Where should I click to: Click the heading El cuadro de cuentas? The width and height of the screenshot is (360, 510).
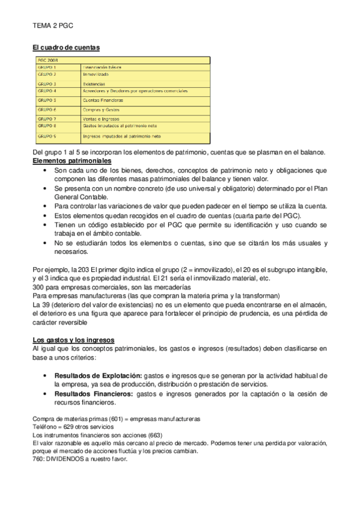[66, 47]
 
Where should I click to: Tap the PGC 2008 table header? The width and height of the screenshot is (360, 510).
[48, 60]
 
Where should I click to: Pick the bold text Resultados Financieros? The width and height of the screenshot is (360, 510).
[94, 394]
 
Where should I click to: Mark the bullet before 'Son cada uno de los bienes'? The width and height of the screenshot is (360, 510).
[46, 171]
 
